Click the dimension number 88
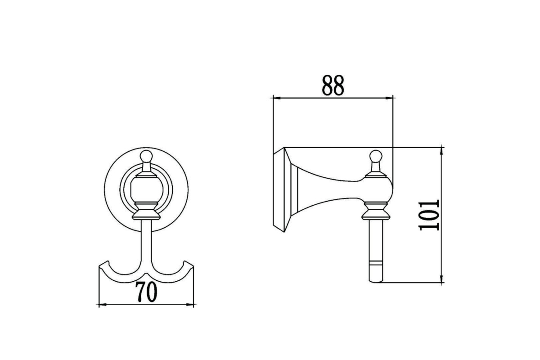point(333,85)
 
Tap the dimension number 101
point(429,215)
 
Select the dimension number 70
point(146,292)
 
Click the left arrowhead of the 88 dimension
point(277,98)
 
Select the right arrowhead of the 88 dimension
point(389,98)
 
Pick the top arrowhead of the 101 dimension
point(441,151)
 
